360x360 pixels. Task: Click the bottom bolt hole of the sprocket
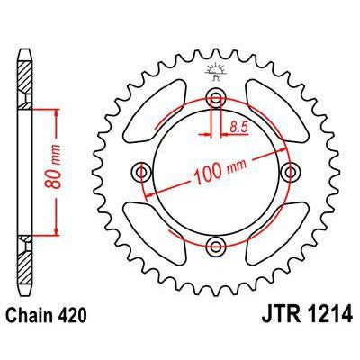pos(215,244)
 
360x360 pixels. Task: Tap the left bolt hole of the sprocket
pos(141,170)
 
